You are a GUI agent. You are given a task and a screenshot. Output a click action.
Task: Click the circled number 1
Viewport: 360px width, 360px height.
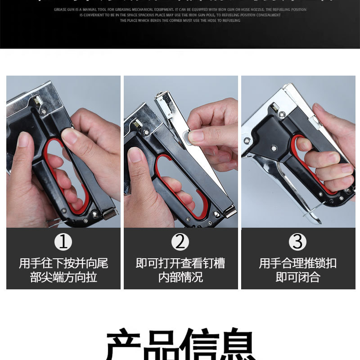pos(63,242)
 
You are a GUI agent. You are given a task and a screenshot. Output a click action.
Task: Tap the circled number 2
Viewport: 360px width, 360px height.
pos(180,242)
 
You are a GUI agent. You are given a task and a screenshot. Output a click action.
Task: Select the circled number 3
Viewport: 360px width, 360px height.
pos(297,242)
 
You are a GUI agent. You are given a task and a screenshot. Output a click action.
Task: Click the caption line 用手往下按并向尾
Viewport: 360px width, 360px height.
pos(63,263)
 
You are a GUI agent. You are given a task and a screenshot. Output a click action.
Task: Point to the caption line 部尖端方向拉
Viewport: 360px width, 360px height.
pos(63,277)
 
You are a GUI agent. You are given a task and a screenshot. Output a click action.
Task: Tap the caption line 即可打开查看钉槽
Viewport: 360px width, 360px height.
pos(180,263)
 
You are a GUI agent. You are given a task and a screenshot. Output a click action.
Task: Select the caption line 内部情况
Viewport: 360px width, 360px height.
pos(180,277)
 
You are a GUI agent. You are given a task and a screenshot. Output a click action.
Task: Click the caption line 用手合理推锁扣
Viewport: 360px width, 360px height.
pos(297,263)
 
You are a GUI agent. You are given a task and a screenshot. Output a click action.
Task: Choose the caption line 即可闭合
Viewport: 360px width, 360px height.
pos(297,277)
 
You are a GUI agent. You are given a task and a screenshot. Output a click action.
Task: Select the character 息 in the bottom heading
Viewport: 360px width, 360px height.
pos(236,346)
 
